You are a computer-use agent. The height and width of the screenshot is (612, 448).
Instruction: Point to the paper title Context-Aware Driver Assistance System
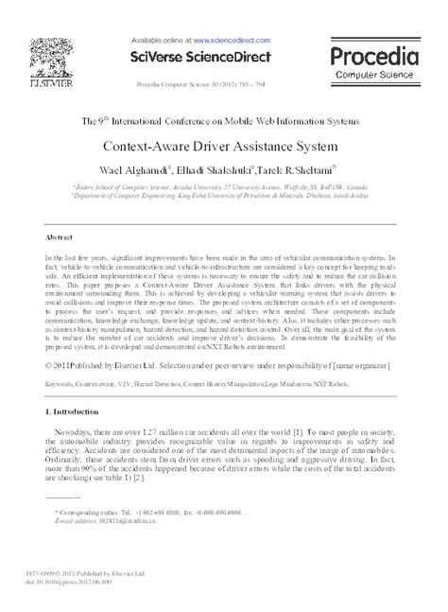point(223,149)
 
